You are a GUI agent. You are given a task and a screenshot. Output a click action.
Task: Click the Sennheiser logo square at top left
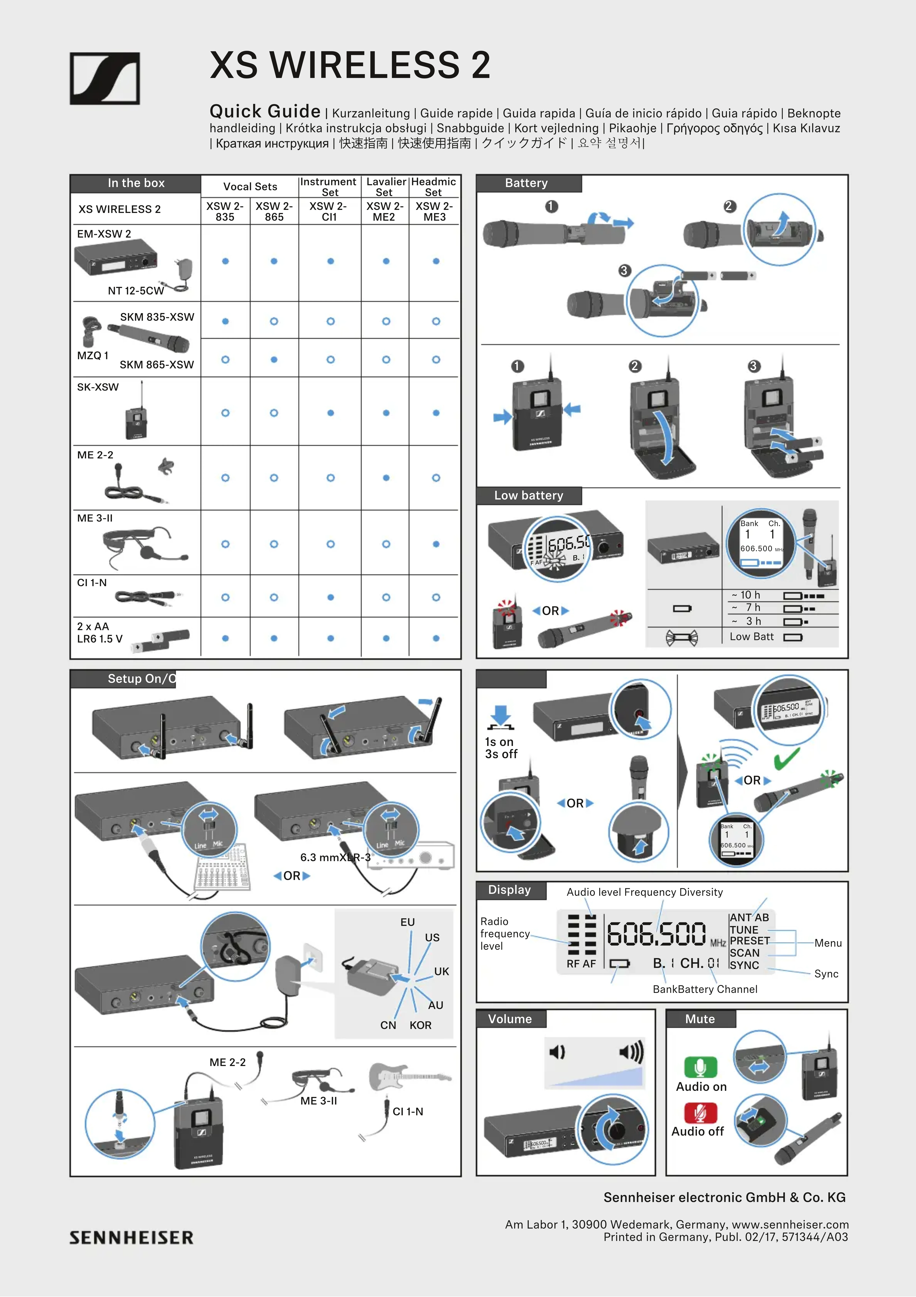coord(105,78)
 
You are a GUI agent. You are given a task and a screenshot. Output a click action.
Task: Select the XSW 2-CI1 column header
coord(329,211)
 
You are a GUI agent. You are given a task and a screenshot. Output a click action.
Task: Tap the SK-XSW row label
coord(98,387)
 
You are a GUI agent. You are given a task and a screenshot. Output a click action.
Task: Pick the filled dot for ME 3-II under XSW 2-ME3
coord(436,544)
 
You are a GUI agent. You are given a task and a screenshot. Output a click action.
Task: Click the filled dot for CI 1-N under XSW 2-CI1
coord(330,597)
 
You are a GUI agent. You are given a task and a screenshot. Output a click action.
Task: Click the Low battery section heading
coord(529,495)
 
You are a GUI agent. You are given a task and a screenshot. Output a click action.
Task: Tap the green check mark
coord(787,758)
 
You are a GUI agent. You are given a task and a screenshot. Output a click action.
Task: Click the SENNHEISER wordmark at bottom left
coord(132,1238)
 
